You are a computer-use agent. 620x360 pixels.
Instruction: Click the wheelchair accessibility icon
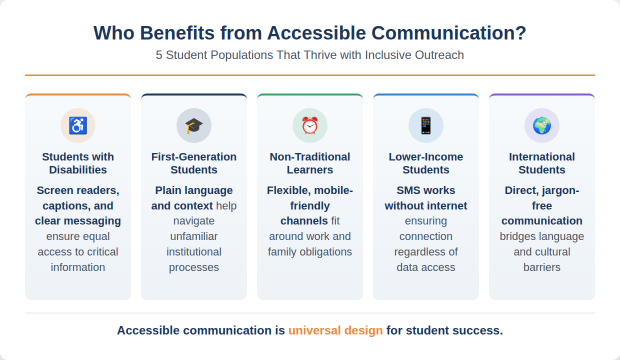[x=78, y=125]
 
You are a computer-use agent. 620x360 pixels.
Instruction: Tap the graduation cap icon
[x=194, y=125]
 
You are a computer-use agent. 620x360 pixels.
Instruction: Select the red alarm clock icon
[x=309, y=125]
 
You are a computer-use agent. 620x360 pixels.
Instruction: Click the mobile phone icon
[x=426, y=125]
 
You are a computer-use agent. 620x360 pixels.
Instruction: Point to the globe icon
[x=542, y=125]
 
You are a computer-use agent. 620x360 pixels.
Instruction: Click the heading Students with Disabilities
[x=78, y=163]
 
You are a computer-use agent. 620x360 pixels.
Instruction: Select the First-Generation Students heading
[x=194, y=163]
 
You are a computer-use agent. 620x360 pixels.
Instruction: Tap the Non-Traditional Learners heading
[x=309, y=163]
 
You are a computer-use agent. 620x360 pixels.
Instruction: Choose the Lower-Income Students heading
[x=426, y=163]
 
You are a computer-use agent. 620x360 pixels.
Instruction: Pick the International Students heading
[x=542, y=163]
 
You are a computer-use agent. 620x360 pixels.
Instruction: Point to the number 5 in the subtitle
[x=159, y=55]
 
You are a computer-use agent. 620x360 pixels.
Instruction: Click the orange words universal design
[x=335, y=330]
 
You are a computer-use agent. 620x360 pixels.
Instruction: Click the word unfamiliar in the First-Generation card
[x=194, y=236]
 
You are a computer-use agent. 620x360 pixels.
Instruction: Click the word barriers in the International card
[x=542, y=267]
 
